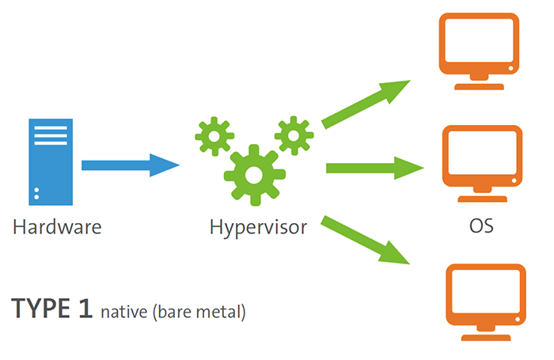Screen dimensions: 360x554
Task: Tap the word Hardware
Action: pyautogui.click(x=57, y=228)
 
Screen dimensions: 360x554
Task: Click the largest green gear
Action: pyautogui.click(x=253, y=174)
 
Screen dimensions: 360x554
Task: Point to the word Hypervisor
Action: pyautogui.click(x=258, y=228)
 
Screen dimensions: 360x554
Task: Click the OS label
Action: pyautogui.click(x=481, y=228)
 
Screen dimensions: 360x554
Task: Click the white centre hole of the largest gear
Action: pyautogui.click(x=253, y=174)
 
